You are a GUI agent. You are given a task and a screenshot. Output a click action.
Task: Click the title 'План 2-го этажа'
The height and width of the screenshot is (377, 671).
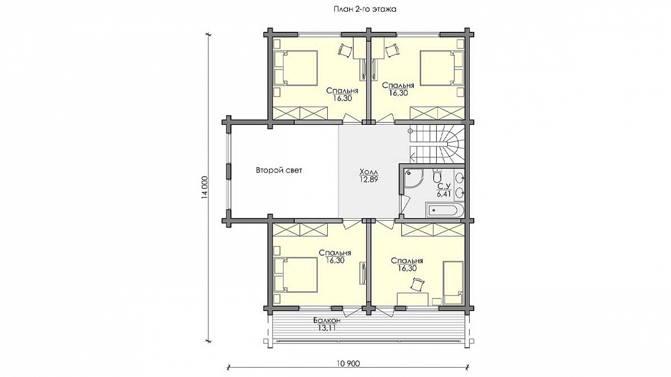coord(364,9)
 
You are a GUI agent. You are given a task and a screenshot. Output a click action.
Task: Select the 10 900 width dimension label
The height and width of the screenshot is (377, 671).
coord(348,363)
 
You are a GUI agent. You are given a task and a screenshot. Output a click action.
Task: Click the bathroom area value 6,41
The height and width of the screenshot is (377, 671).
coord(444,194)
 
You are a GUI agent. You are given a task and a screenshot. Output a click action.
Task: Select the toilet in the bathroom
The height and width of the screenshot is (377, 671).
coord(437,175)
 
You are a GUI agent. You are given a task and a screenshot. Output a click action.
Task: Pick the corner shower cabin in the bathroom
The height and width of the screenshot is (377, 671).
coord(413,180)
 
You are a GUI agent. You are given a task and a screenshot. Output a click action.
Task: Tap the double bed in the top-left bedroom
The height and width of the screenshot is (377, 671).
coord(295,68)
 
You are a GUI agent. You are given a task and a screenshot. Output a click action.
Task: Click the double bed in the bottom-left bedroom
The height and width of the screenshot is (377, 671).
coord(295,275)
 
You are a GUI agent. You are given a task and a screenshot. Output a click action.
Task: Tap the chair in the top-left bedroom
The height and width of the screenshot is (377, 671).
coord(344,50)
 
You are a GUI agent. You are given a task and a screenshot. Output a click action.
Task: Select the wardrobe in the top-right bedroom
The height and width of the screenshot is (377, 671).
coord(437,113)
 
